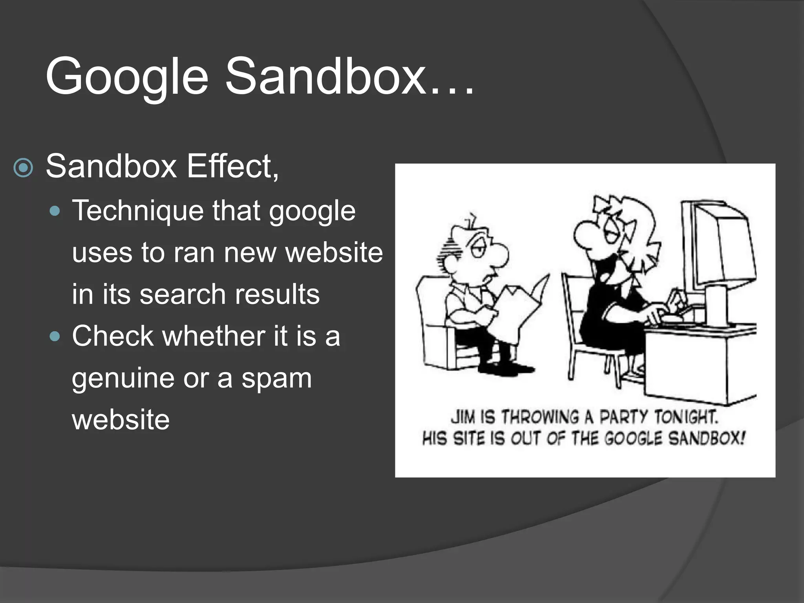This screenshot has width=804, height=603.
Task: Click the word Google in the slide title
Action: tap(126, 77)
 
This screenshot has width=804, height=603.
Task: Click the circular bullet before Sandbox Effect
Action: tap(24, 168)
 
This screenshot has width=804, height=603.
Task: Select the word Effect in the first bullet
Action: tap(232, 166)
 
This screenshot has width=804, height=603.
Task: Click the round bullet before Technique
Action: tap(56, 212)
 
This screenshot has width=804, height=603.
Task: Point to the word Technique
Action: tap(138, 212)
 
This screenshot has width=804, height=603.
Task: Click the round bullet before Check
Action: tap(56, 336)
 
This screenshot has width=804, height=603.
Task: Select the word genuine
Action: tap(123, 378)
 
